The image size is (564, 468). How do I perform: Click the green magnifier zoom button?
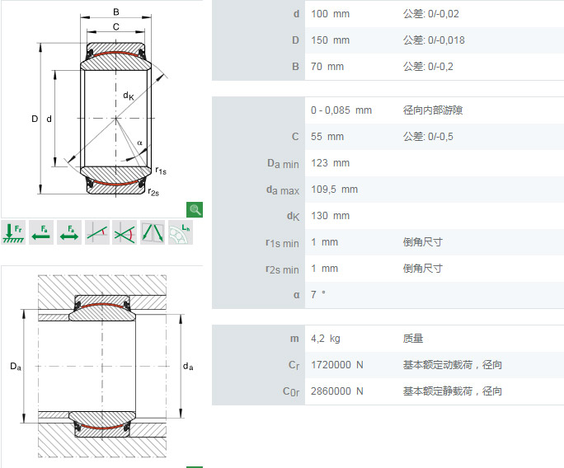click(195, 209)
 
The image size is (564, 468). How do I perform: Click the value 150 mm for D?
click(330, 40)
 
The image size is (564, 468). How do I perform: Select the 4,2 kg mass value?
click(325, 339)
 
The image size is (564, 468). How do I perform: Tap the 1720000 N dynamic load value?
click(337, 365)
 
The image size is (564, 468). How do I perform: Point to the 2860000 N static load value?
click(337, 391)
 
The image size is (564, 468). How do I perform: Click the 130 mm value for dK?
click(330, 216)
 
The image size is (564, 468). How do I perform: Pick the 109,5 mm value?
click(334, 190)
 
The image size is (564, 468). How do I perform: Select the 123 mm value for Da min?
click(330, 163)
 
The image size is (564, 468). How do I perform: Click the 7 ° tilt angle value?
click(318, 294)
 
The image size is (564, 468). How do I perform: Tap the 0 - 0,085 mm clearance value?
click(341, 110)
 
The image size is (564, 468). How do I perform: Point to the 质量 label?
click(413, 339)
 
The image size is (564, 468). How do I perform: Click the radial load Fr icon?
click(13, 232)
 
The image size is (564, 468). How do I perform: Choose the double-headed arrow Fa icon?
click(69, 232)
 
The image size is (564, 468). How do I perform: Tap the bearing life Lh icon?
click(181, 232)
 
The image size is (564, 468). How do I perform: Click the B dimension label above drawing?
click(115, 12)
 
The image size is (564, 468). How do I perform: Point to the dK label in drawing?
click(129, 96)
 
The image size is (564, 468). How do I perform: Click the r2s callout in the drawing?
click(153, 192)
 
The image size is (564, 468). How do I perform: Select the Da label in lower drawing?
click(16, 367)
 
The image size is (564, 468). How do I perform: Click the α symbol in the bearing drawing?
click(139, 143)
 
